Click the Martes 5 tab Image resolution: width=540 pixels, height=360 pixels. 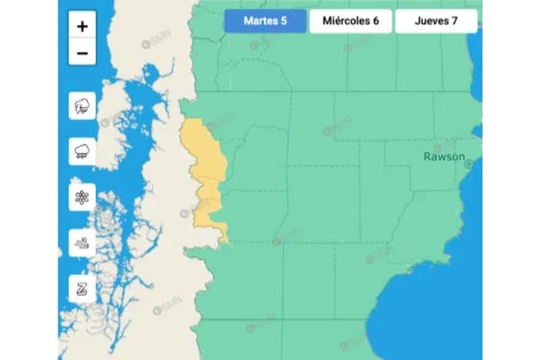pos(265,21)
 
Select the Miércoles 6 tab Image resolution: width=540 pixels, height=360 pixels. pos(351,21)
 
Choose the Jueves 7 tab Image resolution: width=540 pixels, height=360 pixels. pos(436,21)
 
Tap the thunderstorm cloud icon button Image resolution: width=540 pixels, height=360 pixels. pos(82,106)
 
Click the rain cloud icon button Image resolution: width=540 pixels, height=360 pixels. pos(82,151)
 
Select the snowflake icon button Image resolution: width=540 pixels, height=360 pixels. pos(82,197)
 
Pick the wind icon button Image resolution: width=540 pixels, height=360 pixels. pos(82,243)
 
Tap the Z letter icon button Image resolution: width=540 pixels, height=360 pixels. pos(82,289)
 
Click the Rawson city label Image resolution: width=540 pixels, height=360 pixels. pos(444,156)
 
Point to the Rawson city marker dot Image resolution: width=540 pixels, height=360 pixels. pos(469,164)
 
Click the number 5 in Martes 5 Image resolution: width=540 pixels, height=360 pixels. pos(284,21)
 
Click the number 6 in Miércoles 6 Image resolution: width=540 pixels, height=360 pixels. pos(376,21)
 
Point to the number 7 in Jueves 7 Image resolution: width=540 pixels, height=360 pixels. pos(455,21)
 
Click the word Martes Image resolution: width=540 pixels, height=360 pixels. pos(261,21)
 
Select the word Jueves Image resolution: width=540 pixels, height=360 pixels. pos(431,21)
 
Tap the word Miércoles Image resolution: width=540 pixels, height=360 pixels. pos(346,21)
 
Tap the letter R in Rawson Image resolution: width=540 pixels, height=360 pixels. pos(428,156)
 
